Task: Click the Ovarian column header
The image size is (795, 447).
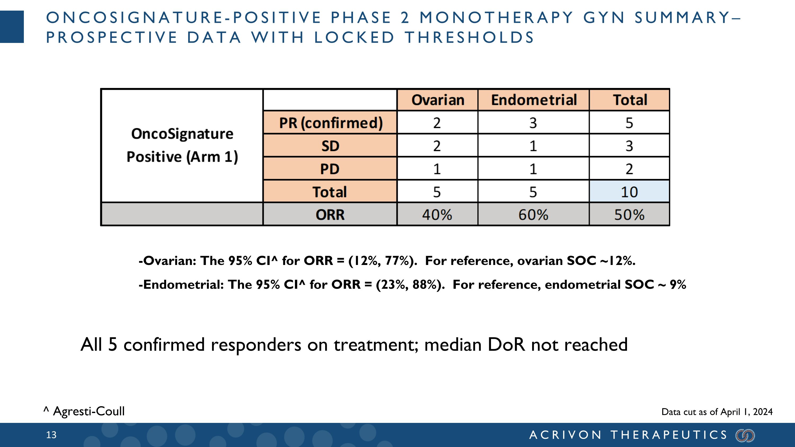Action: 437,100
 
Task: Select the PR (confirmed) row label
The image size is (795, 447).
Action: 330,123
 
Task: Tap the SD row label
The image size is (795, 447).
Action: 330,146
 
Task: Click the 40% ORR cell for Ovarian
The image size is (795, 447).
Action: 437,215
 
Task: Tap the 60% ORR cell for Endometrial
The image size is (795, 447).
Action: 533,215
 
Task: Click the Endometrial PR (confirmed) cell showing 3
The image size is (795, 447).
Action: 533,123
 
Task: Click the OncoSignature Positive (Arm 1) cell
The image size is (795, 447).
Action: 182,145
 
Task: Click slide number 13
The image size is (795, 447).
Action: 51,435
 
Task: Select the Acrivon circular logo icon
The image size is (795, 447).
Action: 745,435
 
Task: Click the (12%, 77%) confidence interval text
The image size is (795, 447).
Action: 382,261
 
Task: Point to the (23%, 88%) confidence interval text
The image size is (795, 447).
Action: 410,284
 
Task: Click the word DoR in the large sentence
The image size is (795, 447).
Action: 506,344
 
